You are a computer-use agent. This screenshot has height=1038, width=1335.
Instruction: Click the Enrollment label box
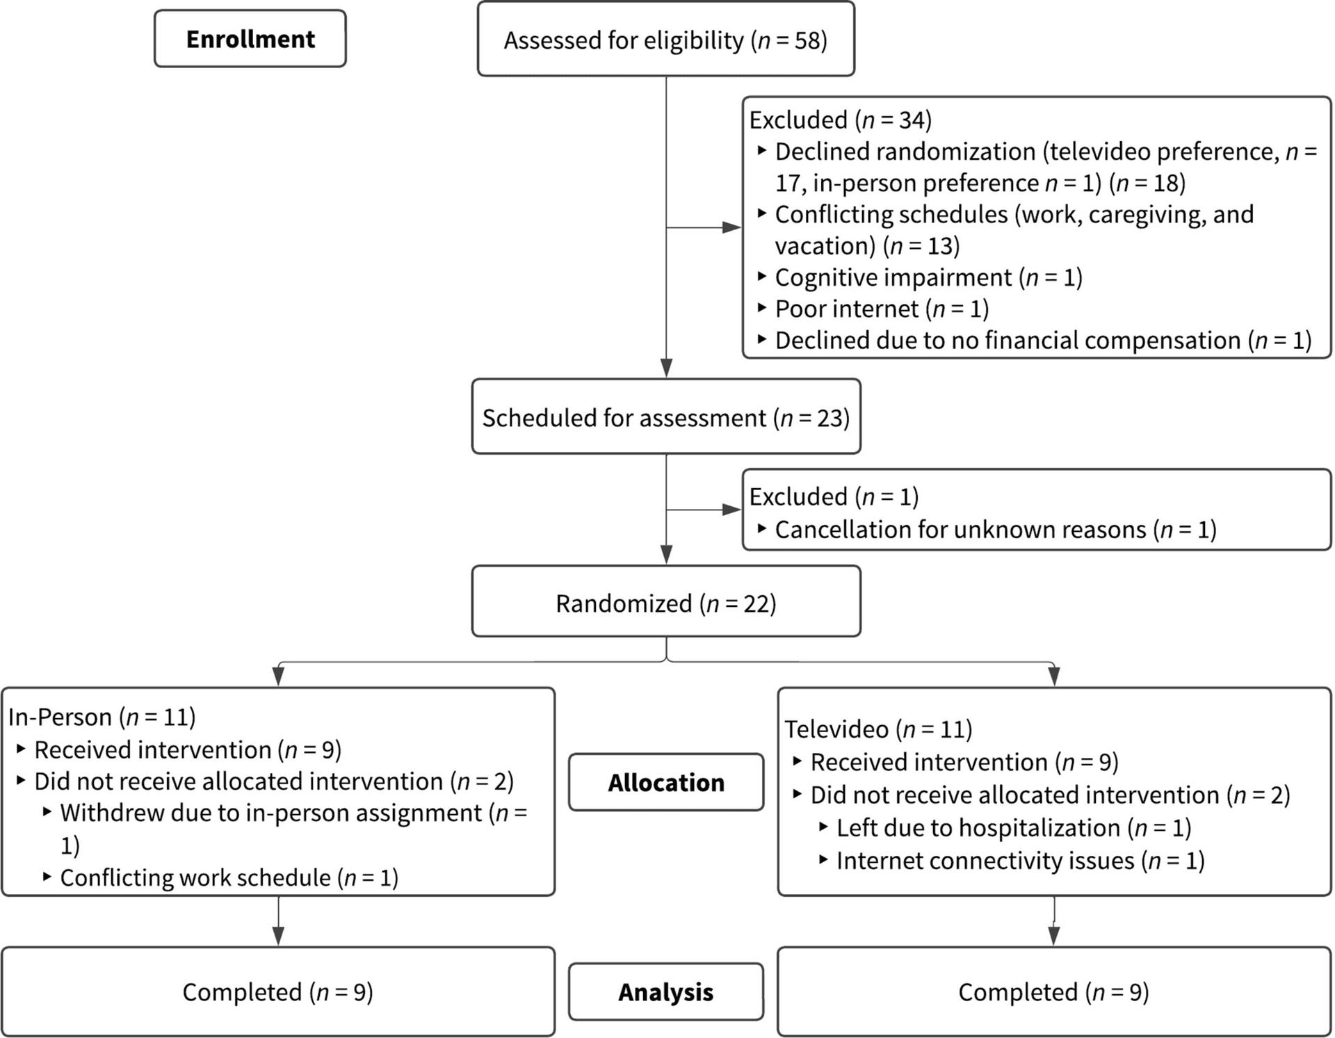250,39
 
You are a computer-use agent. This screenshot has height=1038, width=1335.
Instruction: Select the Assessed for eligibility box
665,40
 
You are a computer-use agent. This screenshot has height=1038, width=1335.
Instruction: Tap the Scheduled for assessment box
665,417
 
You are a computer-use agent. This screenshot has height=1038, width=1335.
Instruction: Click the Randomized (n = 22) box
665,602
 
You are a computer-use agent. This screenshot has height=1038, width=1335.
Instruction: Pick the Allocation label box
665,782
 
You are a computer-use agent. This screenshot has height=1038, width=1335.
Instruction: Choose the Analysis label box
665,991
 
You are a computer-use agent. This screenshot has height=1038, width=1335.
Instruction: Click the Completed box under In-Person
277,991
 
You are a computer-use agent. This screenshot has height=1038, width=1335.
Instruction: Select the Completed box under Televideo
1053,991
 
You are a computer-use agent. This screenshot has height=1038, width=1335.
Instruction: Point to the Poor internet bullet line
881,308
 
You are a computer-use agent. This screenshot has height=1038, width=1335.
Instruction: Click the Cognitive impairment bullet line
928,277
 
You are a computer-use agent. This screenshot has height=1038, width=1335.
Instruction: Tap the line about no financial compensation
1042,340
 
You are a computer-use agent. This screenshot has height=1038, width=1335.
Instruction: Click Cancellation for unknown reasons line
994,529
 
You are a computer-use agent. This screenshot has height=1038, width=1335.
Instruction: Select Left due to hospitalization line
1013,827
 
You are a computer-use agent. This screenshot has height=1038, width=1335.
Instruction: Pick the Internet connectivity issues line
1019,860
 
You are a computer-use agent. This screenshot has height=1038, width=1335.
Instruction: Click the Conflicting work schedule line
229,877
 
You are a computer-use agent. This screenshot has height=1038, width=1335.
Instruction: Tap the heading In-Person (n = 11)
102,716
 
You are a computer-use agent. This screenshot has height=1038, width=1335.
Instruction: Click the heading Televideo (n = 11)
878,729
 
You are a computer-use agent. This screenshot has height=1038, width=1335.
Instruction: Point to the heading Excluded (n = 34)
840,120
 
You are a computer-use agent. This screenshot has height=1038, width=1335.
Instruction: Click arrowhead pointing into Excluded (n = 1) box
732,510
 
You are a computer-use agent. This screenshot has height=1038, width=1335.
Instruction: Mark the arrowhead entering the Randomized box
666,555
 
